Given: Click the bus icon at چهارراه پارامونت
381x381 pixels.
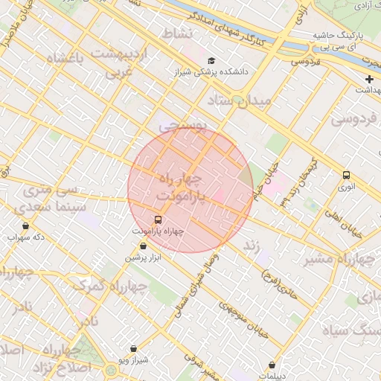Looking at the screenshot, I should tap(158, 220).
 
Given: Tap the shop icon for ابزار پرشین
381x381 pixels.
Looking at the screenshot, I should tap(133, 246).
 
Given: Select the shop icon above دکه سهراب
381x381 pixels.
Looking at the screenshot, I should tap(27, 225).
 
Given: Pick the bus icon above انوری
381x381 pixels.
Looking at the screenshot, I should tap(346, 175).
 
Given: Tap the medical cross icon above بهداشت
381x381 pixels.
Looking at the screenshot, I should tap(370, 79).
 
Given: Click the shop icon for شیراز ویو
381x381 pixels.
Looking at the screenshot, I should tap(133, 348).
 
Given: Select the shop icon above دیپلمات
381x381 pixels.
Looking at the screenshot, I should tap(273, 365).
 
